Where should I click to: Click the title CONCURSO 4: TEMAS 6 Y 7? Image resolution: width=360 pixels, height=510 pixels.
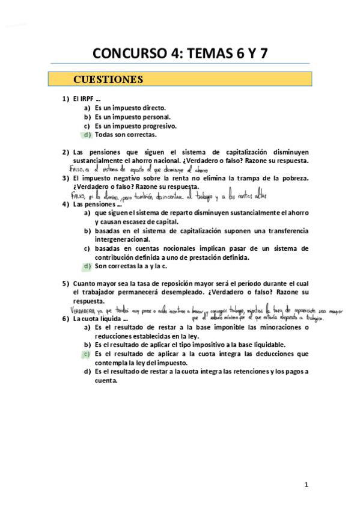click(x=180, y=54)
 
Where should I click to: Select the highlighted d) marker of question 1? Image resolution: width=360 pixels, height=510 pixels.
click(x=87, y=135)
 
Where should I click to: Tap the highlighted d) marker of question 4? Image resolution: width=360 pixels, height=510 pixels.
click(x=87, y=266)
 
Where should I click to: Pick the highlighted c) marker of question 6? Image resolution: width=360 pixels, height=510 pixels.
click(x=87, y=354)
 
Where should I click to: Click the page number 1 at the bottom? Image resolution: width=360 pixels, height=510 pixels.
click(x=306, y=484)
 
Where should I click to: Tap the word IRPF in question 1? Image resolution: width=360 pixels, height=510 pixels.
click(x=87, y=99)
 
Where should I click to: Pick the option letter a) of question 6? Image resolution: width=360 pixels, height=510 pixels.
click(x=87, y=327)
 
